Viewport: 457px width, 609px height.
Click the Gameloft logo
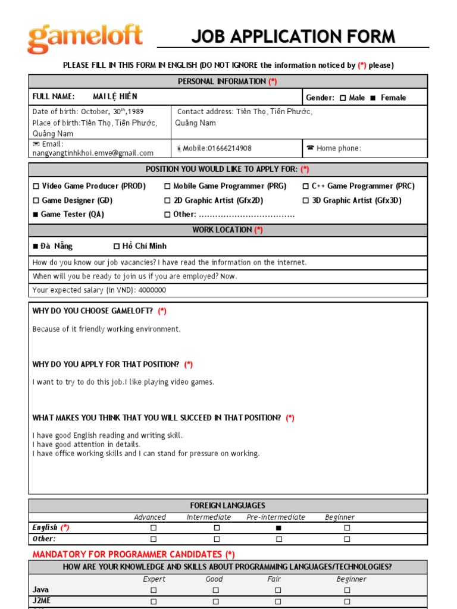(x=85, y=39)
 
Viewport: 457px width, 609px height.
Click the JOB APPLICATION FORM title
(x=293, y=37)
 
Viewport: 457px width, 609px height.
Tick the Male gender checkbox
(x=342, y=98)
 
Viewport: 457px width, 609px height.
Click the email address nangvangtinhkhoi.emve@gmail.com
(x=93, y=153)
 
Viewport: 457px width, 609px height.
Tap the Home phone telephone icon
(x=310, y=148)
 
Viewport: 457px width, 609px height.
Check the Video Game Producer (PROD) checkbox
(x=36, y=187)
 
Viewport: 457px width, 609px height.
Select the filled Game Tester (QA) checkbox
(x=36, y=215)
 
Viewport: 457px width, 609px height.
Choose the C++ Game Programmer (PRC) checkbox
(x=306, y=187)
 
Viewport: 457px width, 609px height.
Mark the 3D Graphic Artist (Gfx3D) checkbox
(x=306, y=201)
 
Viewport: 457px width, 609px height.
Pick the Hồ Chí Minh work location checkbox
(x=117, y=246)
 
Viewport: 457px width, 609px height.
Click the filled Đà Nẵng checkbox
(x=36, y=246)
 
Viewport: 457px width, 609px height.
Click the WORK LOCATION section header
(x=227, y=230)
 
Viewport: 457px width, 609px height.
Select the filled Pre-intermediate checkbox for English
(x=278, y=528)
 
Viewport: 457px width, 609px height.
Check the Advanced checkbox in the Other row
(x=153, y=539)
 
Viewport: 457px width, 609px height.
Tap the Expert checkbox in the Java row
(x=153, y=591)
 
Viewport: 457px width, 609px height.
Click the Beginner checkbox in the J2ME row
(x=347, y=602)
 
